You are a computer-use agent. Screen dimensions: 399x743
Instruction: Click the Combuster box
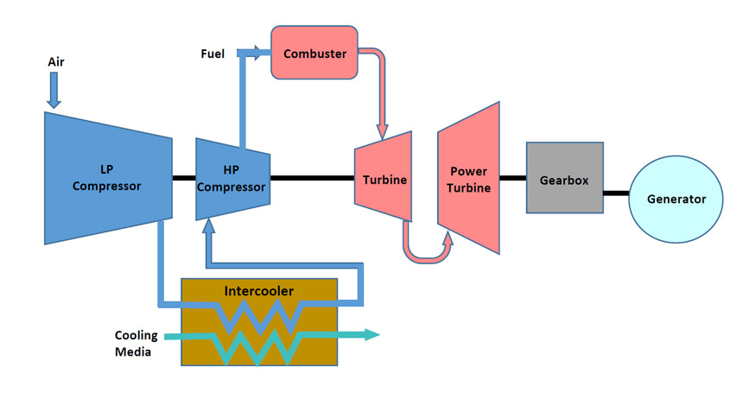(314, 54)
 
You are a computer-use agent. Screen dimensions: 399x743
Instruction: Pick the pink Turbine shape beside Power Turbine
(383, 179)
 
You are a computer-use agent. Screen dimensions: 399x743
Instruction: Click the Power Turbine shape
(469, 179)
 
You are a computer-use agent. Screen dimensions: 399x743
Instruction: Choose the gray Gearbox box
(565, 178)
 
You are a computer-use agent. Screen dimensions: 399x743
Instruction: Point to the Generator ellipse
(676, 199)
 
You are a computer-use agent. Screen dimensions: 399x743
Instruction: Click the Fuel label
(212, 54)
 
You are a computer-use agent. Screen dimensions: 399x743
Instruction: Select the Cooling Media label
(135, 343)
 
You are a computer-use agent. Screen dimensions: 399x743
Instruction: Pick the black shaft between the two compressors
(183, 179)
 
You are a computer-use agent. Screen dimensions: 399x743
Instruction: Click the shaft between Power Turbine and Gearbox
(513, 179)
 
